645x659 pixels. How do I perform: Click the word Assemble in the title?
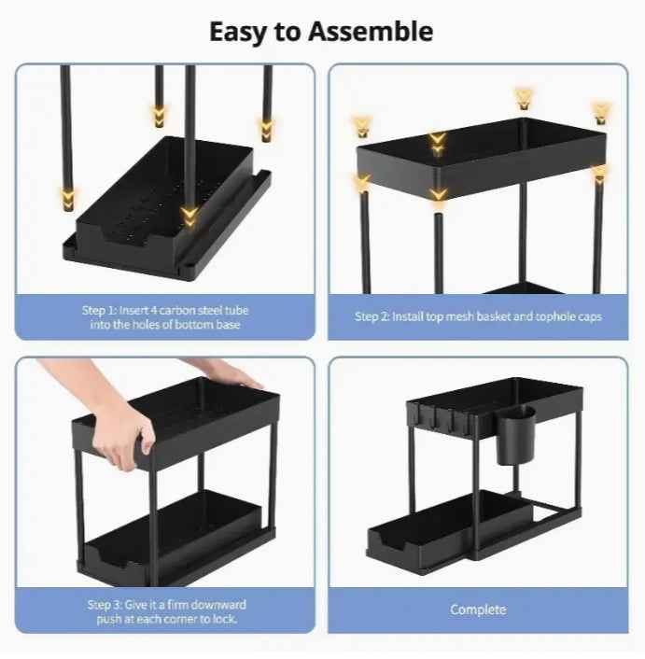[x=370, y=31]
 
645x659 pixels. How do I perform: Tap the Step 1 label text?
[x=164, y=316]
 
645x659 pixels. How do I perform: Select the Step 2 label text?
[x=478, y=316]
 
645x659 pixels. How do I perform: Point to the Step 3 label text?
[x=164, y=612]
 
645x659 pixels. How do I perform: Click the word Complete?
[x=478, y=610]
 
